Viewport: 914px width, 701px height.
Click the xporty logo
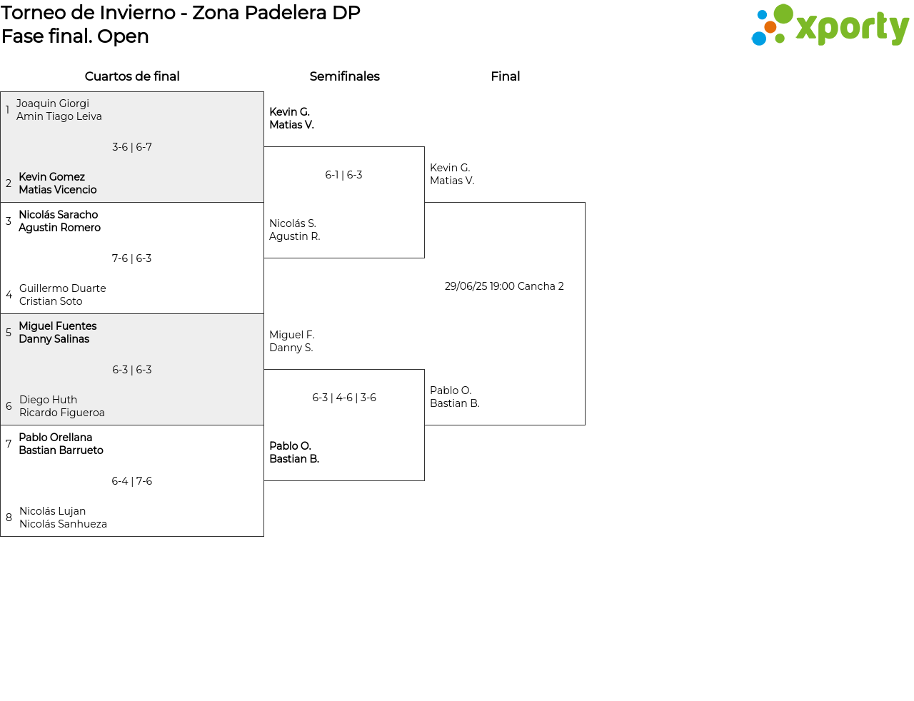[x=830, y=25]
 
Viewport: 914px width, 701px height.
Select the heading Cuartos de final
[x=132, y=76]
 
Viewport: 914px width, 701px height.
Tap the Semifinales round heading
[x=344, y=76]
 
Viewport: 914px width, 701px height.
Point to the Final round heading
[x=505, y=76]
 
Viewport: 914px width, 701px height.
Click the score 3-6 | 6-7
[x=131, y=147]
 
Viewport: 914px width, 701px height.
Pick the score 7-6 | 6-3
[x=131, y=258]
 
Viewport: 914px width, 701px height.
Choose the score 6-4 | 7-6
[x=131, y=481]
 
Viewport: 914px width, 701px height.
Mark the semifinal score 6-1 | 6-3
[x=343, y=174]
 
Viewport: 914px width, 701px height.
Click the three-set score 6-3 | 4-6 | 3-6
[x=344, y=398]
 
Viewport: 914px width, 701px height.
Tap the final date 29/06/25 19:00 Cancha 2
[x=504, y=286]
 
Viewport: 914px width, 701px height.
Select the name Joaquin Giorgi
[x=53, y=104]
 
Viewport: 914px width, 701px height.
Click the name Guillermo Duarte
[x=63, y=288]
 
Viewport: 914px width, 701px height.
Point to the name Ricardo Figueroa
[x=62, y=413]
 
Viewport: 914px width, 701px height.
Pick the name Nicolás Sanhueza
[x=63, y=524]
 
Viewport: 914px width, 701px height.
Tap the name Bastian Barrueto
[x=61, y=450]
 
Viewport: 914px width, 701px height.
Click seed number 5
[x=9, y=333]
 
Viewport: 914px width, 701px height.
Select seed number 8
[x=9, y=518]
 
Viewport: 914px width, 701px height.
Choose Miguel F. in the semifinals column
[x=292, y=335]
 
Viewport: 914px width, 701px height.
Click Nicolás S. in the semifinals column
[x=292, y=223]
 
